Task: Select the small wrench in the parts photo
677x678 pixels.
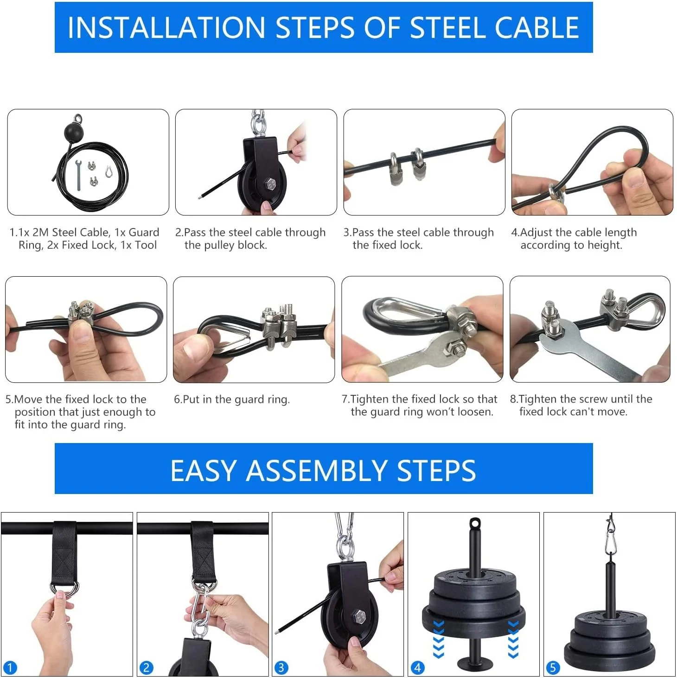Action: coord(79,174)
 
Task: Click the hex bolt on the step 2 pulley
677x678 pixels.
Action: coord(270,184)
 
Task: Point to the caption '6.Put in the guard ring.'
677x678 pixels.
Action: coord(231,399)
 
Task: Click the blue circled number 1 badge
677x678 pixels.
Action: coord(10,668)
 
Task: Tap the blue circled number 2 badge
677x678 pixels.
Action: coord(146,668)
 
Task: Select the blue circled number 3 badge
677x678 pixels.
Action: coord(281,668)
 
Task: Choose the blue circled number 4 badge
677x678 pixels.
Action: coord(417,668)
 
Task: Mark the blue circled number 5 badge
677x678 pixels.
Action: coord(552,668)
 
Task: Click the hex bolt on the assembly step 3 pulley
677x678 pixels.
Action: coord(359,617)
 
